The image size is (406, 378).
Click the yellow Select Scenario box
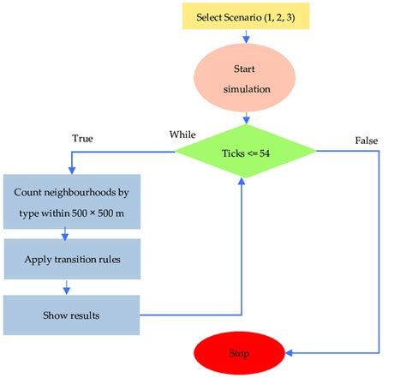point(246,15)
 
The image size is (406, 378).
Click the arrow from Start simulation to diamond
point(247,117)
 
